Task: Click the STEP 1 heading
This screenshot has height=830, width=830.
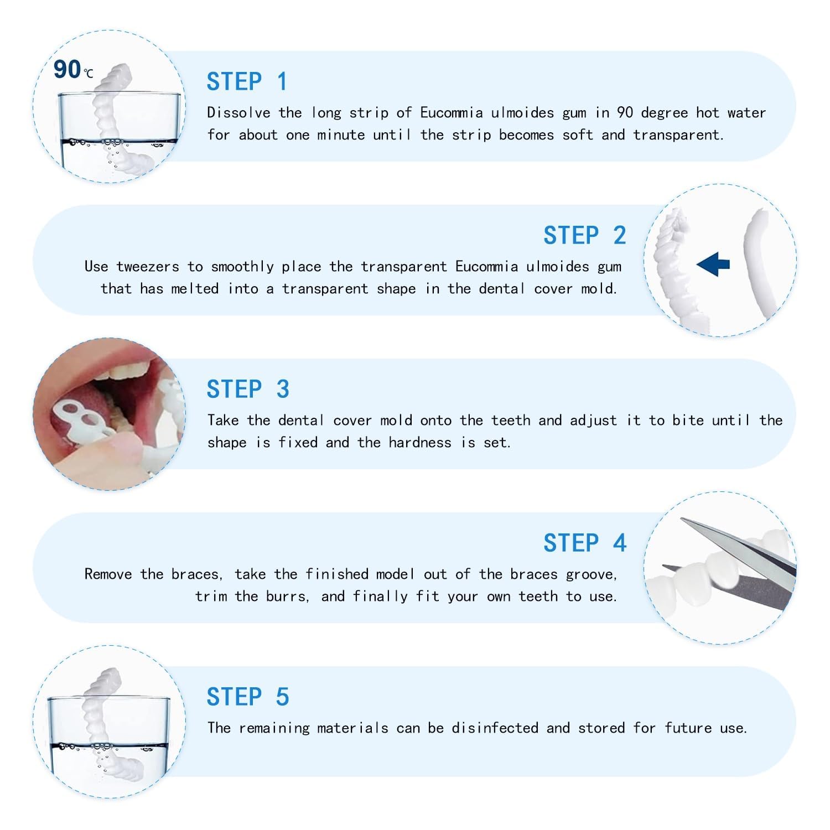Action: point(247,82)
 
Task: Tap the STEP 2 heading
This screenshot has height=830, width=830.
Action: point(584,236)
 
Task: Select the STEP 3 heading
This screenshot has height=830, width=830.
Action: point(247,390)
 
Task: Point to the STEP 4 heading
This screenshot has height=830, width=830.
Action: point(584,543)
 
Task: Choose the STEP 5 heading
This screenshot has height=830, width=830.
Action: point(247,697)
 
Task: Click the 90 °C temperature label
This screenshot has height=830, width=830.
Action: point(72,70)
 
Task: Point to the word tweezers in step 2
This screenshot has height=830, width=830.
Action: point(148,267)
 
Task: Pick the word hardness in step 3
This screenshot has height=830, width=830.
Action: point(419,443)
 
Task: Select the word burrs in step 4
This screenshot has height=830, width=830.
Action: point(286,596)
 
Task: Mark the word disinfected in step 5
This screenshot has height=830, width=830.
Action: point(495,728)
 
